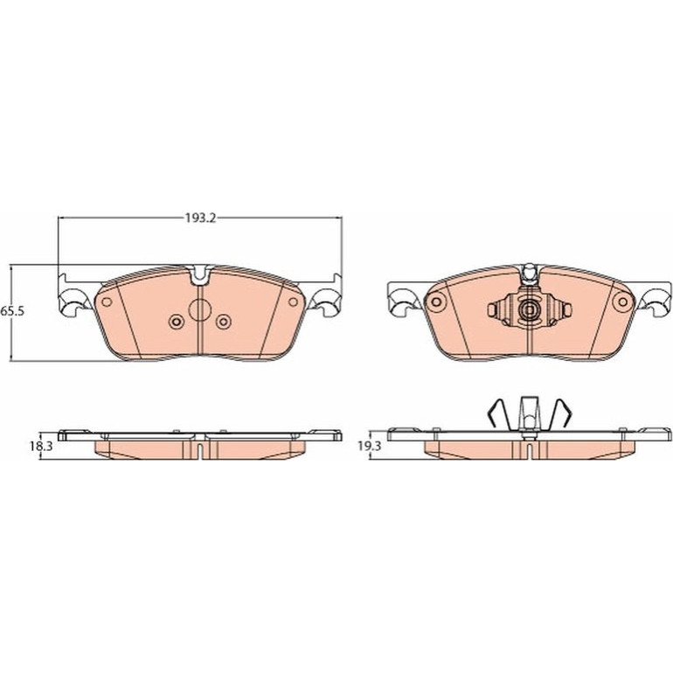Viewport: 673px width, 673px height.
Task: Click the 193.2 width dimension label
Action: pos(200,218)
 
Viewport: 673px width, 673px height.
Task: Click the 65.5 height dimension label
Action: pos(12,311)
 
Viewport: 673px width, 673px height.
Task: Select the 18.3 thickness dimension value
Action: pos(41,446)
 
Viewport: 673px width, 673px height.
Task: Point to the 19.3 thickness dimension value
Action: pos(369,446)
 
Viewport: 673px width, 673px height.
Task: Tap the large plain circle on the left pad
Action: pos(199,310)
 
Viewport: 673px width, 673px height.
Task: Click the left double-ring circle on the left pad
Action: pos(177,322)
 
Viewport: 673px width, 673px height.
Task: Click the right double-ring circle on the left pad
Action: pos(224,322)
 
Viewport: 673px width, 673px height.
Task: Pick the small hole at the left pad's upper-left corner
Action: pos(106,302)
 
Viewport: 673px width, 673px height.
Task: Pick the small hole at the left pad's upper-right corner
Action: pos(293,302)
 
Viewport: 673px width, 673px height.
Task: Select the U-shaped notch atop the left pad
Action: pos(200,275)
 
